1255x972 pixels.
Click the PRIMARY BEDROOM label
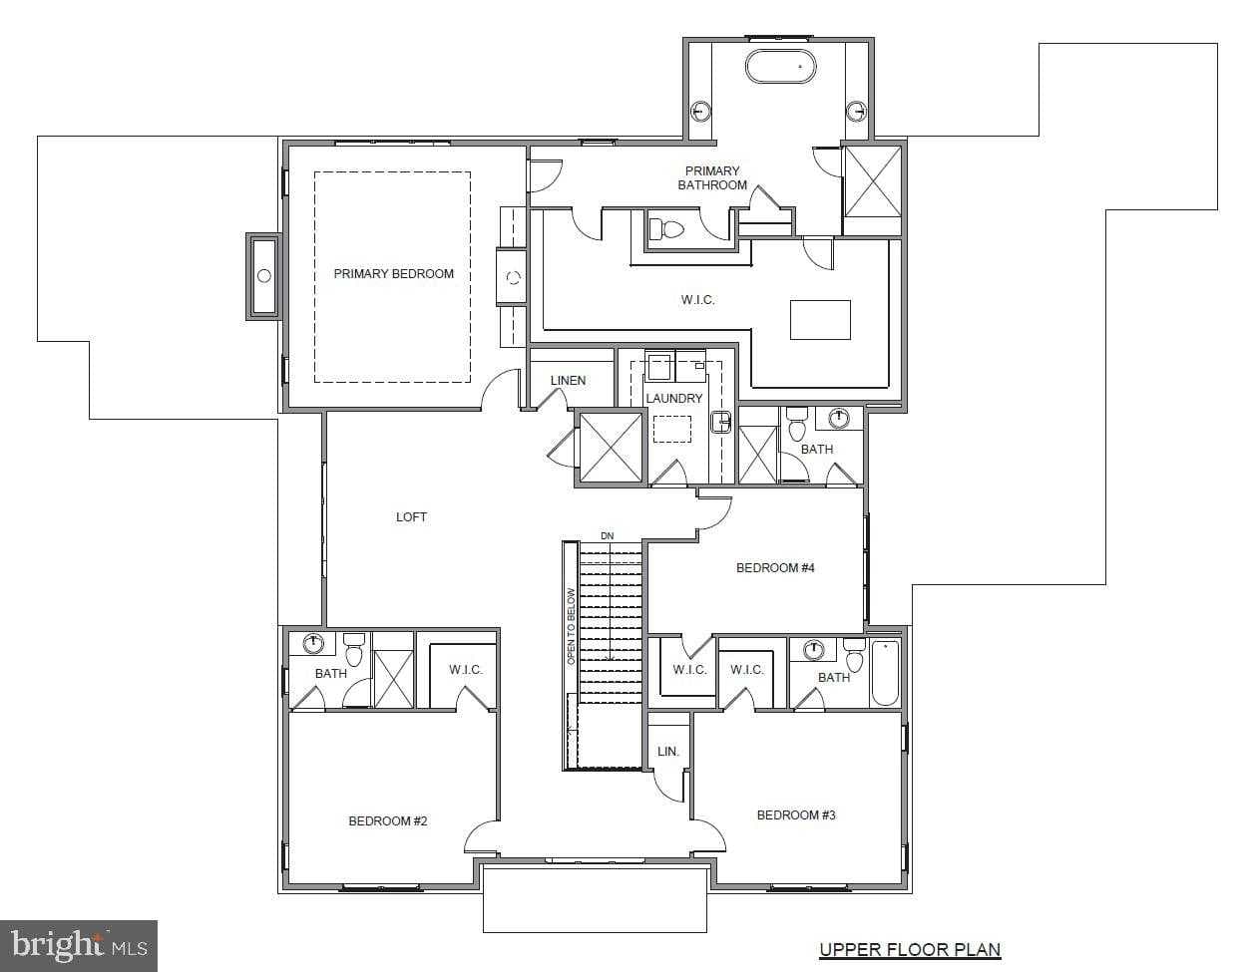393,274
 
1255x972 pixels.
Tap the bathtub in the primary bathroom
780,67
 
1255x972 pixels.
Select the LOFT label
411,517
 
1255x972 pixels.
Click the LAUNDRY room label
674,399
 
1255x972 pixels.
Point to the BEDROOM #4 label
775,568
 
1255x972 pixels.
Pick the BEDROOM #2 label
387,821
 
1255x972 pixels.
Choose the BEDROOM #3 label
796,815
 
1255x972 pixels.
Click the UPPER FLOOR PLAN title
910,950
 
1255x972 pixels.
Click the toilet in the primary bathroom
664,229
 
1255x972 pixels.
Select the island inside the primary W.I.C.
820,320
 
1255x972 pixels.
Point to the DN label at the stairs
608,536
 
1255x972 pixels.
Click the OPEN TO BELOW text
572,626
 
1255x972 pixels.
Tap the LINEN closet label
568,381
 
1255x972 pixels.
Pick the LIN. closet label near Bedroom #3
667,752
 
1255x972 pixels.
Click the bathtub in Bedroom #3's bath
885,673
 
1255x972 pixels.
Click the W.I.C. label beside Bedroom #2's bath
465,670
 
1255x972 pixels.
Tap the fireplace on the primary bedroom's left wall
263,276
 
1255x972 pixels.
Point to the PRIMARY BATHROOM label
712,178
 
